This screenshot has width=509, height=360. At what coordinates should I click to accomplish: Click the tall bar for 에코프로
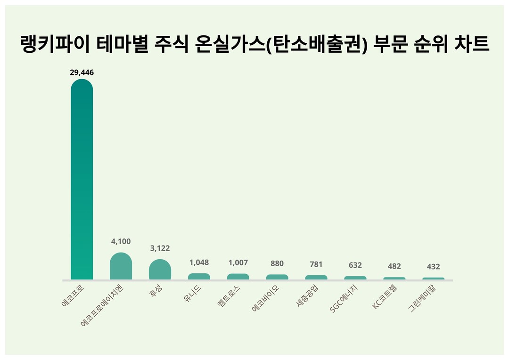click(82, 179)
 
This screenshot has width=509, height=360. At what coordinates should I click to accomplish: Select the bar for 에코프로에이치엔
click(121, 266)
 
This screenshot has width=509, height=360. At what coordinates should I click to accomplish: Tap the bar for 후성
click(160, 270)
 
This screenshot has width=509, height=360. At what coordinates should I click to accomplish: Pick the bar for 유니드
click(199, 277)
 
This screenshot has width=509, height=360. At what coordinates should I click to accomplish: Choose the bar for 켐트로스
click(238, 277)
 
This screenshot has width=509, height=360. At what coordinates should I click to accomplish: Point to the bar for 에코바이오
click(277, 277)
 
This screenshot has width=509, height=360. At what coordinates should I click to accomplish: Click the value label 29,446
click(82, 73)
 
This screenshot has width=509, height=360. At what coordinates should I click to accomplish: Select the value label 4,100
click(121, 241)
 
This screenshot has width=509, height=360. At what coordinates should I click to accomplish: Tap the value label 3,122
click(160, 248)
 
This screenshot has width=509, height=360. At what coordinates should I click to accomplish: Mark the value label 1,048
click(199, 262)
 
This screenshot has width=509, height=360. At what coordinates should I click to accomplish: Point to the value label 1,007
click(238, 262)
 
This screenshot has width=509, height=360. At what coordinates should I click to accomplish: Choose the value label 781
click(316, 264)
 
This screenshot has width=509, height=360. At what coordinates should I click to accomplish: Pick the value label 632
click(355, 265)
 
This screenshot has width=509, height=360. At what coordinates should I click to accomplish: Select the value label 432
click(433, 267)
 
